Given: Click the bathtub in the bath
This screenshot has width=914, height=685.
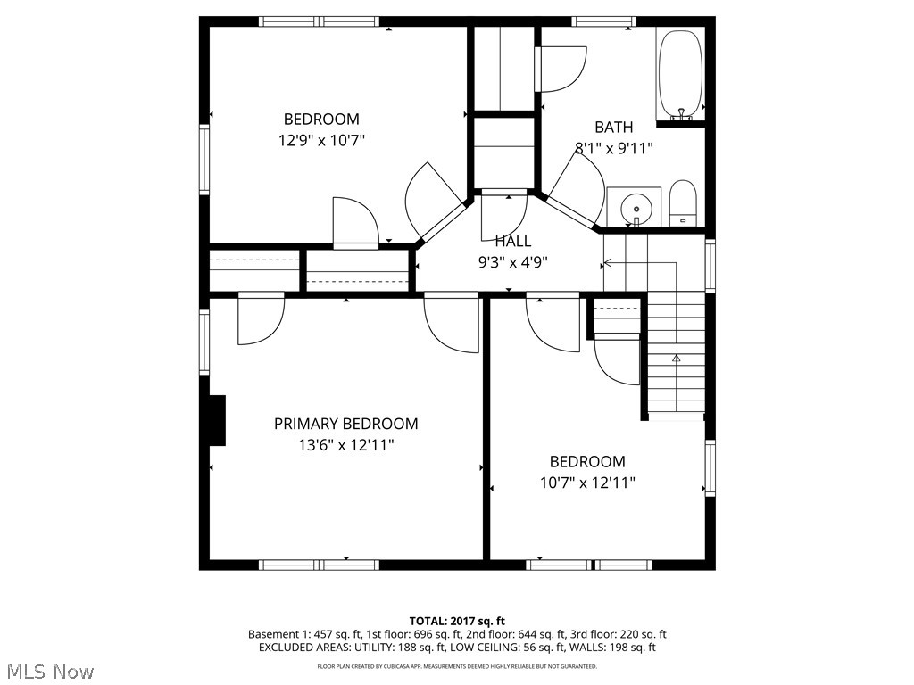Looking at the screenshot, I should click(x=681, y=75).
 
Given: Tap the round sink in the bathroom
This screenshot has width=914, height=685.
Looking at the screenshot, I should click(x=635, y=207).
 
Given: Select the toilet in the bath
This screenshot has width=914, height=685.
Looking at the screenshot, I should click(x=683, y=204).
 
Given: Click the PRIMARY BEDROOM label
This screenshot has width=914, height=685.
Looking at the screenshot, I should click(x=345, y=424).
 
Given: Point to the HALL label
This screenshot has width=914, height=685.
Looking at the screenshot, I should click(x=513, y=241).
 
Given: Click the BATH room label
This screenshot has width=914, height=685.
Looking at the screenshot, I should click(x=614, y=128).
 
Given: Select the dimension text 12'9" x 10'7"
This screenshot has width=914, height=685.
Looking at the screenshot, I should click(x=321, y=140).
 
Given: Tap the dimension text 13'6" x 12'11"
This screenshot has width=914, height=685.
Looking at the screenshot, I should click(x=345, y=445).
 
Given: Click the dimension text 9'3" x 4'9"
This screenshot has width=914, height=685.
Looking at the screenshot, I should click(x=513, y=262).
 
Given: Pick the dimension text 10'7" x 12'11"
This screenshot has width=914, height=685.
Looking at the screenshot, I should click(x=587, y=483).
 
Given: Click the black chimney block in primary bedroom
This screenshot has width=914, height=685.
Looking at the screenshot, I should click(x=217, y=419).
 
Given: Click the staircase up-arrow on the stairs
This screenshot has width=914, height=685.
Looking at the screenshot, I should click(x=676, y=358).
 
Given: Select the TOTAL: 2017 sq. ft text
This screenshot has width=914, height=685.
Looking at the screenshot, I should click(x=457, y=621).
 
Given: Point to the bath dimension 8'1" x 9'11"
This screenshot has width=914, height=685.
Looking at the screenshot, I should click(x=614, y=149).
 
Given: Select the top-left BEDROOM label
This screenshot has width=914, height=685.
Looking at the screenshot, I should click(x=321, y=119).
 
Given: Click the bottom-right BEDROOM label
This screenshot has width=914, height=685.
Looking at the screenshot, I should click(x=587, y=461).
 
